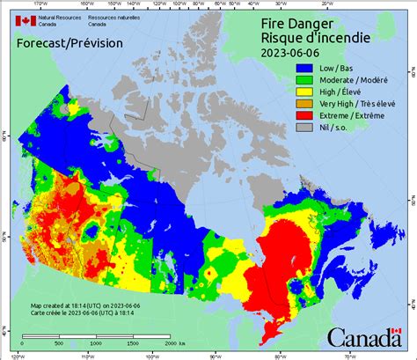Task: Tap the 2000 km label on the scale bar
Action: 173,343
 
